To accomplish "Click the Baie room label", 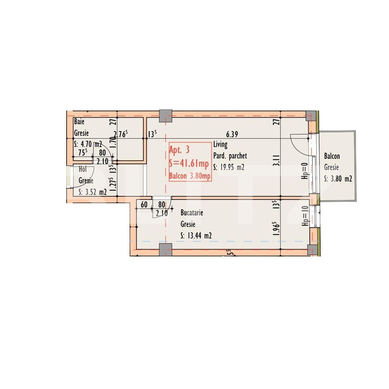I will [79, 122].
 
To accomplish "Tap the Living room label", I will [220, 145].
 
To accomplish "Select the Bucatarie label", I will [192, 213].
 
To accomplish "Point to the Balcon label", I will [332, 156].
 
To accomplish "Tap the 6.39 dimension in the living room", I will [232, 135].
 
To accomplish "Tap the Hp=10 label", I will [305, 216].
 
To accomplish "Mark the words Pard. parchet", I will [230, 156].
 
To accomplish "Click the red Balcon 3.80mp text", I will [190, 176].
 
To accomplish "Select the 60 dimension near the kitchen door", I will [144, 205].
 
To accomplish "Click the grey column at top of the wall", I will [165, 115].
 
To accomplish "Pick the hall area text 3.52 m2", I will [93, 192].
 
